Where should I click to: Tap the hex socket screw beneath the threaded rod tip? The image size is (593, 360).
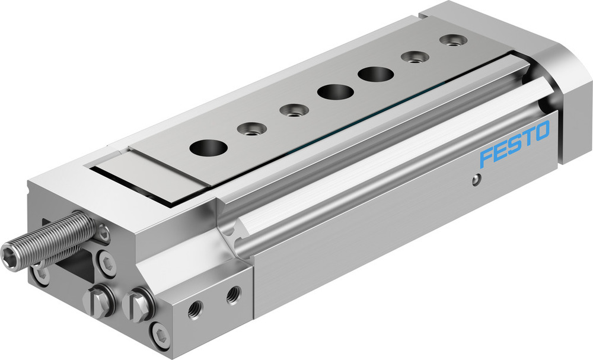(41, 275)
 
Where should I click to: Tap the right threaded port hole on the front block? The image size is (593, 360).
(234, 292)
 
